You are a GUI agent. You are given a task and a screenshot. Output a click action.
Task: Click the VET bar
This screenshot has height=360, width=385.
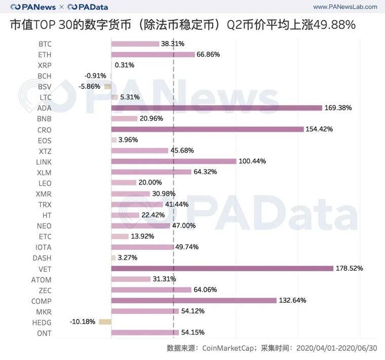coord(222,268)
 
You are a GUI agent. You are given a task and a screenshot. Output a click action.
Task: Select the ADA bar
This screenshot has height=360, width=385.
coord(216,107)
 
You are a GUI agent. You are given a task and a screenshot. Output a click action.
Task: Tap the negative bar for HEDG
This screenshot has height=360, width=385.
coord(105,322)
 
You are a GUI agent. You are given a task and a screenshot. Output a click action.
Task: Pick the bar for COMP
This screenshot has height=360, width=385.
coord(194,300)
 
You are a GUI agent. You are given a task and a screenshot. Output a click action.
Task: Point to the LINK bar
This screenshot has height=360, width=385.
coord(174,161)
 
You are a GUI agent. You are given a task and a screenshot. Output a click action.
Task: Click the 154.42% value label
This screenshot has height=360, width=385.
coord(319,129)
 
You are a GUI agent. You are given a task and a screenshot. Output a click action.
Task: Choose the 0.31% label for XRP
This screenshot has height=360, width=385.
coord(125,65)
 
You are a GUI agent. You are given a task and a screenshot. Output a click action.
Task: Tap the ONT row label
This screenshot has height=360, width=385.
coord(45,333)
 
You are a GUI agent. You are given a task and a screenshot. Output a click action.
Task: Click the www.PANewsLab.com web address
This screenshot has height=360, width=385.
coord(345,7)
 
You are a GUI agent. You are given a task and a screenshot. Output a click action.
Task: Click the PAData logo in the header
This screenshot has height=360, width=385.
coord(87,7)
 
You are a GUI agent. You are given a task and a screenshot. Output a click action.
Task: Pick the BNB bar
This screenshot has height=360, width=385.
coord(124,119)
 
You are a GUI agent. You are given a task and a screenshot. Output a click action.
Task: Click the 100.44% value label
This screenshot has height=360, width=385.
coord(252,161)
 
